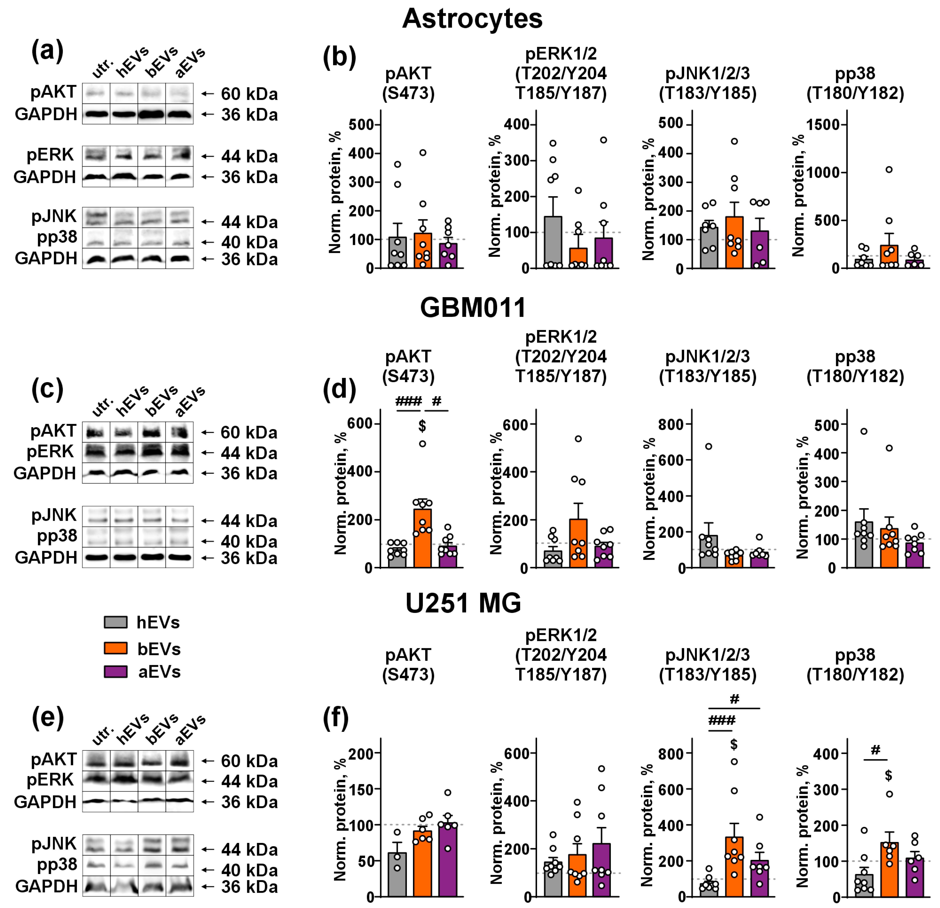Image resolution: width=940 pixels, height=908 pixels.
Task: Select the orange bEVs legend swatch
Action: click(x=116, y=648)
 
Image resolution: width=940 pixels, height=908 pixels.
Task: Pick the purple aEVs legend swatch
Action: click(x=116, y=671)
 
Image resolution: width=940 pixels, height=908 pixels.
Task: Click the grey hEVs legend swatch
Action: click(x=116, y=622)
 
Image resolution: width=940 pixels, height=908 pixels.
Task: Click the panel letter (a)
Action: click(x=47, y=51)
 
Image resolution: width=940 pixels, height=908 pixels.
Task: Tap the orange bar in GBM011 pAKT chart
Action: click(x=422, y=538)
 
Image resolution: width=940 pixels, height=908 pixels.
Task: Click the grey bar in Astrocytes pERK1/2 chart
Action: click(x=553, y=242)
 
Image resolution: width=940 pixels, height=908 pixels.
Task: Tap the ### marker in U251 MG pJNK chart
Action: click(x=721, y=720)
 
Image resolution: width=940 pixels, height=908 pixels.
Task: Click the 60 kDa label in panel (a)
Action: click(x=249, y=94)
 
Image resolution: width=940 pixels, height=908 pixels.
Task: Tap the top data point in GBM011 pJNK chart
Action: click(x=708, y=446)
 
